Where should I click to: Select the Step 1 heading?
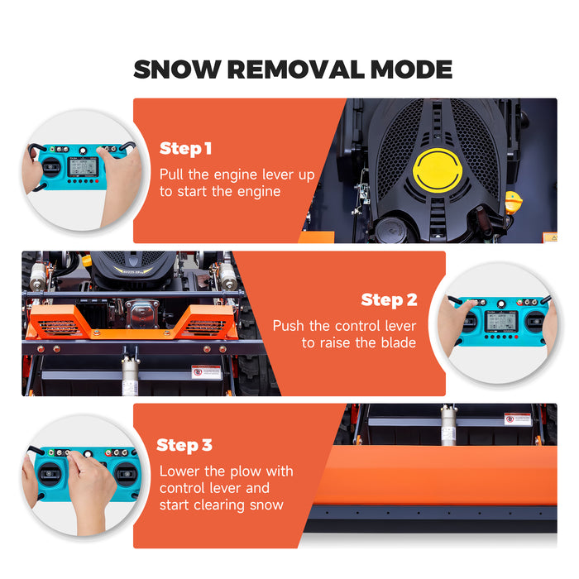(x=185, y=149)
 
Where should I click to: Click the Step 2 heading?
(x=389, y=300)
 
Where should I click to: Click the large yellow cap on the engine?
(x=437, y=171)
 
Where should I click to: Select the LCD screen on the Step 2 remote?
(x=501, y=321)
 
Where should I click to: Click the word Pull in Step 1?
(x=174, y=175)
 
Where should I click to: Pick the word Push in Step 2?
(x=289, y=326)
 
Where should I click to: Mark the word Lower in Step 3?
(x=179, y=471)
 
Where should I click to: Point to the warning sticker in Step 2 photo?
(x=206, y=371)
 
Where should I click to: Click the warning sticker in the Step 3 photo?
(x=517, y=419)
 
